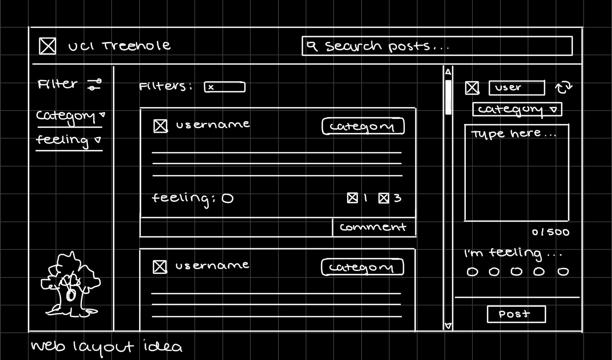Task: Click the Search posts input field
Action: [x=437, y=46]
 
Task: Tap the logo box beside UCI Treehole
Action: [x=48, y=46]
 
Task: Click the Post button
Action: [x=516, y=314]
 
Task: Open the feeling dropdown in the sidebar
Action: [x=69, y=140]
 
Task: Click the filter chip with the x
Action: [x=225, y=87]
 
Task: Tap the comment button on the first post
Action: [x=374, y=227]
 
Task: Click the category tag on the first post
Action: [x=363, y=126]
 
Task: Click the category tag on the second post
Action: [x=362, y=267]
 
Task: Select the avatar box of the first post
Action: [x=160, y=126]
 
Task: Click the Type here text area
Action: [x=516, y=173]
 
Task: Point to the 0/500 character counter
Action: [x=550, y=232]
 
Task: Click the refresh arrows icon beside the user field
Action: [x=563, y=87]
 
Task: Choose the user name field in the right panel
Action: [x=516, y=88]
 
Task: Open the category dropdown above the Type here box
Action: [x=517, y=109]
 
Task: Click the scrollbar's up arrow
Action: [x=448, y=72]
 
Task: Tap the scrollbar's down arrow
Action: [x=448, y=326]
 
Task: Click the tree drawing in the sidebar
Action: [x=70, y=285]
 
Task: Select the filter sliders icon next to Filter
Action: [x=94, y=84]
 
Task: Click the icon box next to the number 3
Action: [x=384, y=198]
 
